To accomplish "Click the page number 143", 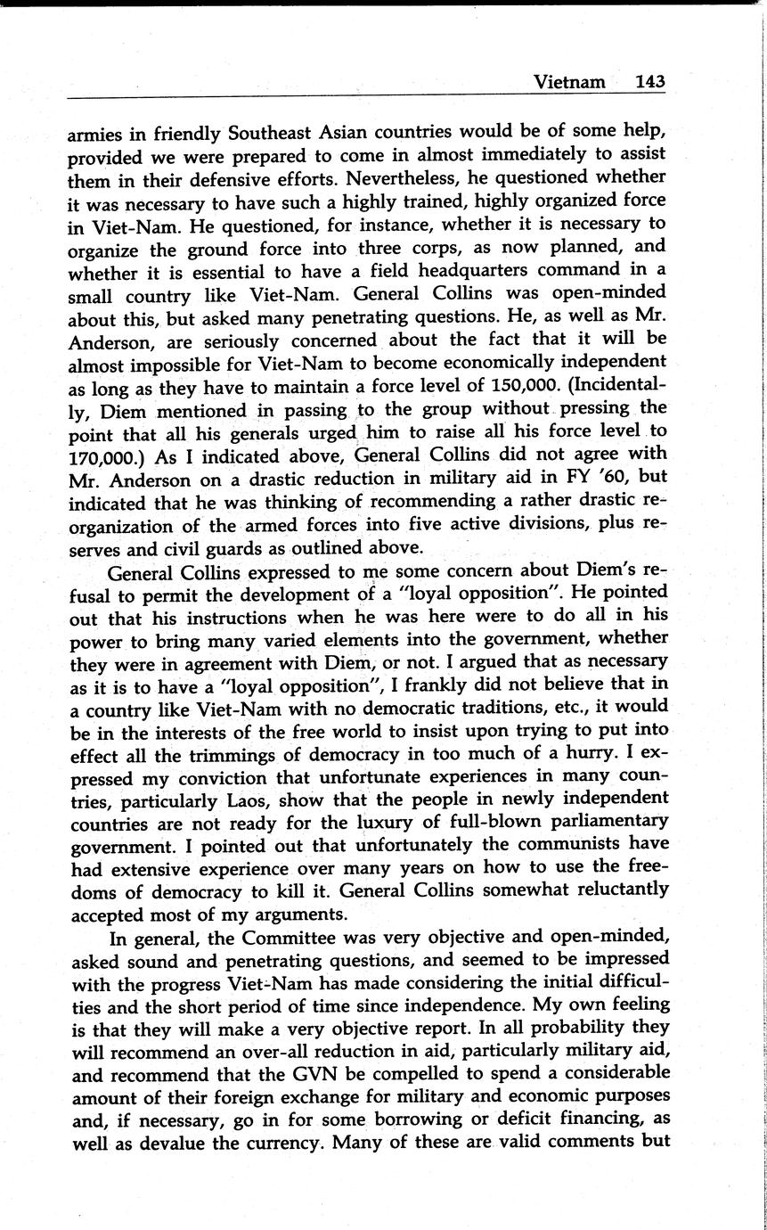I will [x=650, y=82].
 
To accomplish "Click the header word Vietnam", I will [x=568, y=82].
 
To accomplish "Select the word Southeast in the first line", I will [x=271, y=134].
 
